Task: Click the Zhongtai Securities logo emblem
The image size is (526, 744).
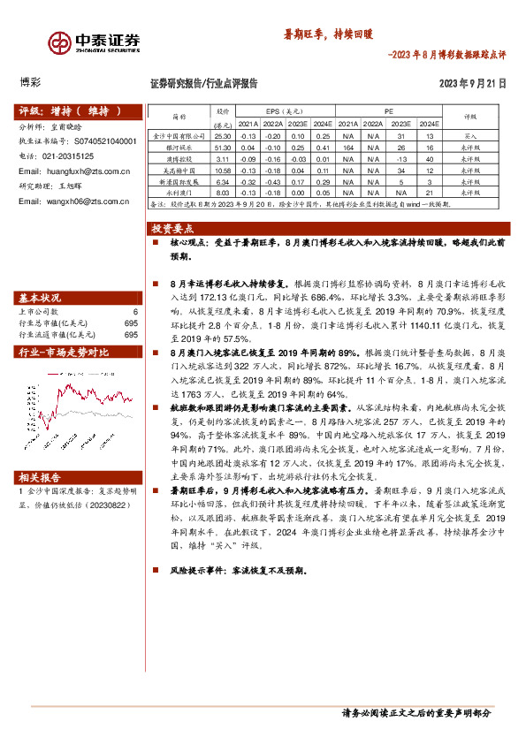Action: [59, 42]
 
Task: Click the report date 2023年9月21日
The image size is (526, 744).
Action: [473, 84]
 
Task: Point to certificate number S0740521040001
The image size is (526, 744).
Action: [103, 140]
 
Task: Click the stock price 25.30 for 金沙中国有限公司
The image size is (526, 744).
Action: [223, 137]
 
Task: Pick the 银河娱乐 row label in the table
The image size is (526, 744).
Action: [179, 148]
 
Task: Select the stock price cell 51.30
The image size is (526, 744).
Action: [223, 148]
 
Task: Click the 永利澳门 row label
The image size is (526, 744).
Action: [179, 192]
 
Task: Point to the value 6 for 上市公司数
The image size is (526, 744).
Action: [135, 312]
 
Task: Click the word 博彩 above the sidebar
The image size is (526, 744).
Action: [30, 84]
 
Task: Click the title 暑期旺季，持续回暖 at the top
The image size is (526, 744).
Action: [328, 34]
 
